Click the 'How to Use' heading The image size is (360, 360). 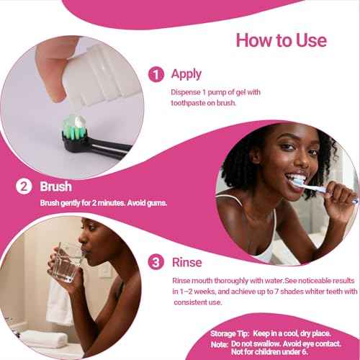point(282,39)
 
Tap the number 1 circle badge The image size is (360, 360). point(155,73)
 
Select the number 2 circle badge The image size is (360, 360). point(25,186)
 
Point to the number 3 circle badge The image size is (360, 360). point(155,263)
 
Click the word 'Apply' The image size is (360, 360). point(186,73)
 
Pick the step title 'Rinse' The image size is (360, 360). point(186,263)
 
